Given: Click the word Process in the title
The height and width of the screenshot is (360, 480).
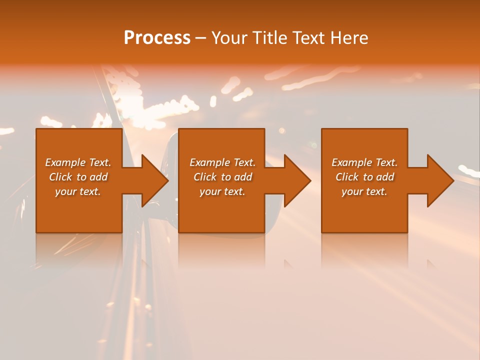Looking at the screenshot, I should (157, 38).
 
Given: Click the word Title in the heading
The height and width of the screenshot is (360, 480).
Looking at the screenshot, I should (269, 38).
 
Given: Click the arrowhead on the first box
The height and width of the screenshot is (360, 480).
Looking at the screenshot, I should (153, 180).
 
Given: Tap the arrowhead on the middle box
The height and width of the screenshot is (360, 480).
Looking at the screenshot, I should (296, 180).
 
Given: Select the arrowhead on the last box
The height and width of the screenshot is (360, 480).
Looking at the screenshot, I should (439, 180).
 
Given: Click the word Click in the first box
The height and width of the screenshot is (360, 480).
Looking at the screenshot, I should (60, 177).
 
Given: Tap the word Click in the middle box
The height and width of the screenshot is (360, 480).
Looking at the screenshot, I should (205, 177).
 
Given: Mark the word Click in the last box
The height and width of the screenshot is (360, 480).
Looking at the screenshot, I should (347, 177).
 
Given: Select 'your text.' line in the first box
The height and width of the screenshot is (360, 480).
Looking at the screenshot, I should (78, 191).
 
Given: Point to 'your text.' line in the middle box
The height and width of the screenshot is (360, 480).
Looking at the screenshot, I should (222, 191).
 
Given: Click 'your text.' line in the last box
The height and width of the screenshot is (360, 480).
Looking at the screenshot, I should (364, 191).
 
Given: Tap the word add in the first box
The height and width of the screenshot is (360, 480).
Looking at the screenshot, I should (99, 177).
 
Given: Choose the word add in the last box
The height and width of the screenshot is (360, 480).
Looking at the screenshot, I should (385, 177).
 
